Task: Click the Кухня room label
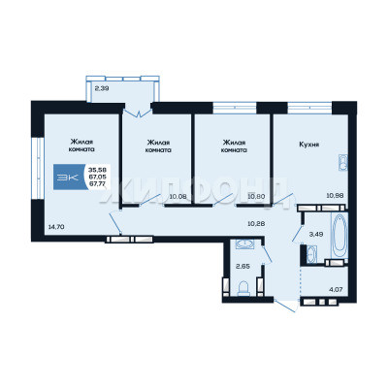coord(309,145)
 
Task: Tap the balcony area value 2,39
coord(102,87)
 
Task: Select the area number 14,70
coord(56,227)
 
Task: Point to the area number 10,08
coord(178,196)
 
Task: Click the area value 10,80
coord(256,196)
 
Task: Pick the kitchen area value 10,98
coord(335,195)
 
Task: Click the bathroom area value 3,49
coord(316,235)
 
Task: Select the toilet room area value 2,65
coord(242,267)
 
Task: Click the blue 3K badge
coord(69,177)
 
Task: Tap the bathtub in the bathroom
coord(339,236)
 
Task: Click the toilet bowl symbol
coord(243,288)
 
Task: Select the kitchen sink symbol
coord(342,162)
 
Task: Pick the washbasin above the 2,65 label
coord(244,244)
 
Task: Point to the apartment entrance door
coord(285,306)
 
